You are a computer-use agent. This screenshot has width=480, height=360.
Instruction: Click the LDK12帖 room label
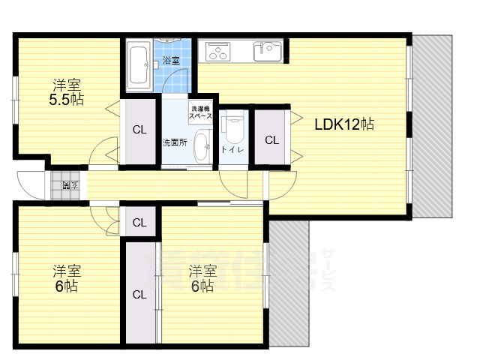pyautogui.click(x=343, y=124)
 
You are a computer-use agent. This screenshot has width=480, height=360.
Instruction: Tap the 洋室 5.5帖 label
pyautogui.click(x=66, y=91)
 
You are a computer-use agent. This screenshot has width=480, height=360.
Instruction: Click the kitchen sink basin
pyautogui.click(x=265, y=52)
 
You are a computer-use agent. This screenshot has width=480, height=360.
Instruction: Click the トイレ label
pyautogui.click(x=231, y=150)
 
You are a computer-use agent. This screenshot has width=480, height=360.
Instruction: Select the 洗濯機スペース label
pyautogui.click(x=200, y=112)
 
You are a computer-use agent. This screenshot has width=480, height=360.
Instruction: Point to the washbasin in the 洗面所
pyautogui.click(x=201, y=146)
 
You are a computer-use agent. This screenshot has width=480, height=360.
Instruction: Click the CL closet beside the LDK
pyautogui.click(x=271, y=139)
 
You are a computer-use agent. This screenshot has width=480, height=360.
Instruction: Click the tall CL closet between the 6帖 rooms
pyautogui.click(x=139, y=294)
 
